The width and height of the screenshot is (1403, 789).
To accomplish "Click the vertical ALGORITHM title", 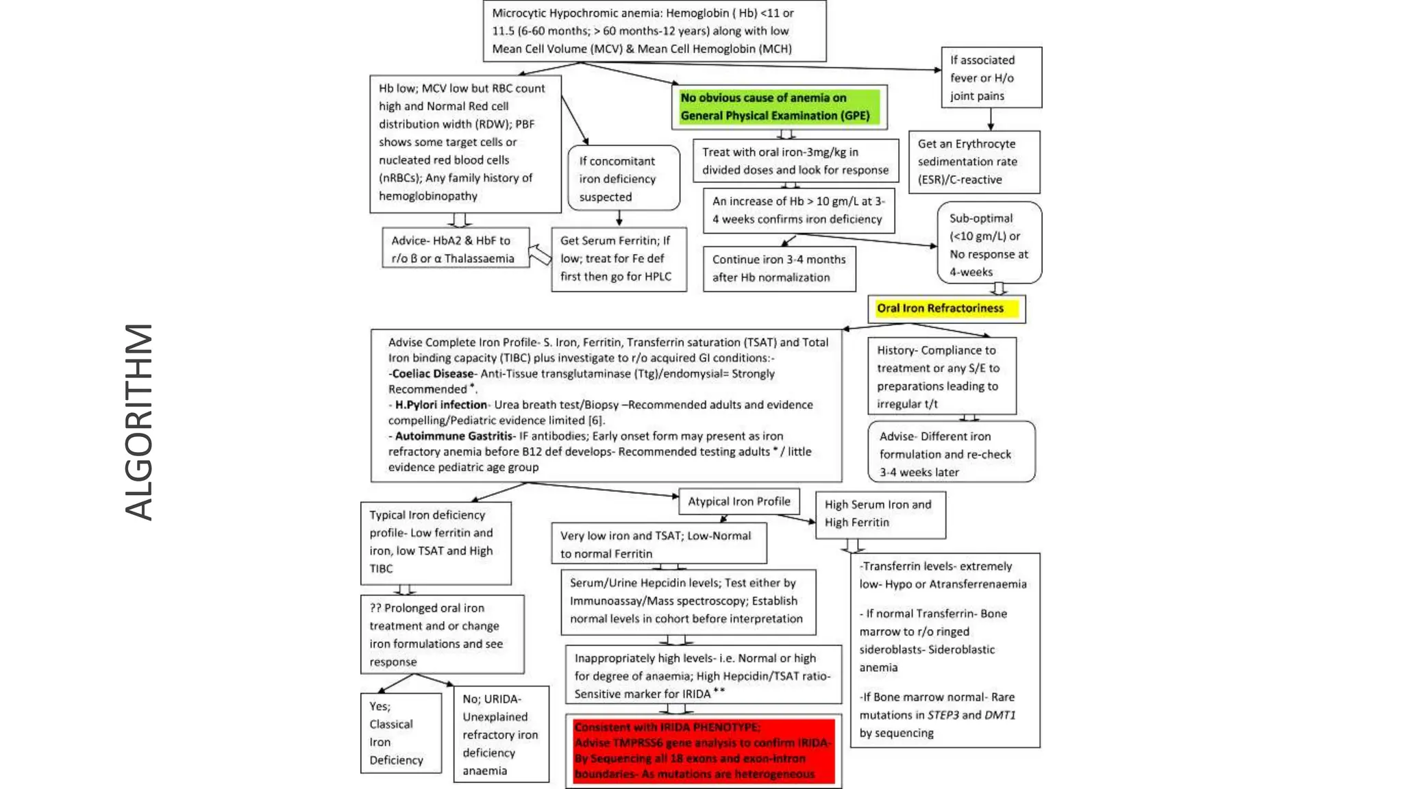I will [x=139, y=422].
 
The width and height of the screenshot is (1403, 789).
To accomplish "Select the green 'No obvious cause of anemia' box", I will [x=779, y=107].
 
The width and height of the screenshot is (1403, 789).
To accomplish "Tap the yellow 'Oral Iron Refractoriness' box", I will [x=946, y=309].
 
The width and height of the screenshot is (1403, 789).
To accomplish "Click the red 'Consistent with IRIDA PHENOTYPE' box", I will [x=704, y=751].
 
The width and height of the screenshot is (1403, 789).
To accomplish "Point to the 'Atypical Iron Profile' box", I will [x=738, y=501].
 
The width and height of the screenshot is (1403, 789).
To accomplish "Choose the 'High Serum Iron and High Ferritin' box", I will [x=880, y=514].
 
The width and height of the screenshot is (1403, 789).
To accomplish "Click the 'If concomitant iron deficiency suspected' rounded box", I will [x=623, y=178].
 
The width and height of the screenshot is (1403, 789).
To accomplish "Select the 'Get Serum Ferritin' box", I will [x=619, y=259].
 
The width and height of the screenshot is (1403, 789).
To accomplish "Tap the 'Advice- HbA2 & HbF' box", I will [x=456, y=248].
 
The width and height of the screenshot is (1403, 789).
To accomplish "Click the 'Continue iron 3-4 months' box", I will [x=779, y=268].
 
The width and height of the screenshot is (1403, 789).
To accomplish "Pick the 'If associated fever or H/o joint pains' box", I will [x=991, y=77].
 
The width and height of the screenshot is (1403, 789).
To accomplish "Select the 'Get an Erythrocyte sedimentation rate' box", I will [x=973, y=162].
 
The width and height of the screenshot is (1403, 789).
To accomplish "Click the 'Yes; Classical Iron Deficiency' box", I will [x=400, y=733].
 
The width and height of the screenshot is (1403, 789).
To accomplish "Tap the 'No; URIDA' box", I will [x=501, y=734].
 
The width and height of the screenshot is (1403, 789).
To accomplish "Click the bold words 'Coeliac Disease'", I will [x=432, y=374].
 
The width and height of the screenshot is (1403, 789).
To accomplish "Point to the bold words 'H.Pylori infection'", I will [x=440, y=405].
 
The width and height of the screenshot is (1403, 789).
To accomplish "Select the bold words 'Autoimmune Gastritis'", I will [x=454, y=436].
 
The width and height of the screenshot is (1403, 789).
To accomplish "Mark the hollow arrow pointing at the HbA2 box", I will [x=541, y=255].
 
